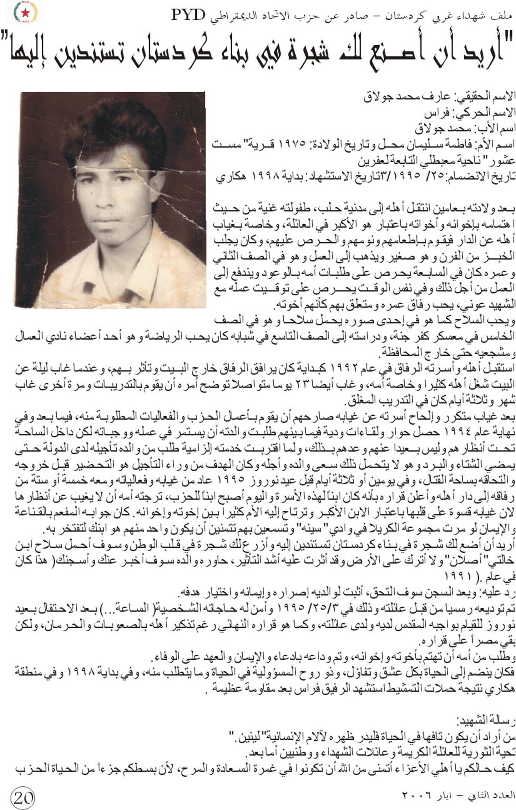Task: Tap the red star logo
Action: (25, 13)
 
